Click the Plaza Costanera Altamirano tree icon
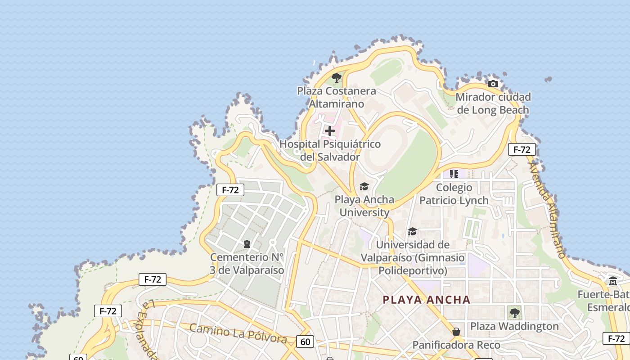click(336, 78)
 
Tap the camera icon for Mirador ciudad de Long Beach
click(493, 84)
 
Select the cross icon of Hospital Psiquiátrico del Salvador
click(330, 131)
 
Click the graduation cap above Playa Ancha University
click(364, 186)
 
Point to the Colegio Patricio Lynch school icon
click(454, 174)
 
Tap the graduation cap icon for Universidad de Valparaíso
click(412, 231)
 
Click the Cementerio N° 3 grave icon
click(247, 244)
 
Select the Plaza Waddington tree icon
click(514, 312)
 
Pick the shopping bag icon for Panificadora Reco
click(456, 332)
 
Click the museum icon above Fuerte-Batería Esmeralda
click(613, 281)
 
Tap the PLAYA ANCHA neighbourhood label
click(427, 300)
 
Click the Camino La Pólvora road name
click(238, 333)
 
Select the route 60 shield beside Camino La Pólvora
click(305, 342)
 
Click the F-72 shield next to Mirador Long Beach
click(522, 149)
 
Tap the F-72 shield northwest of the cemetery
click(230, 190)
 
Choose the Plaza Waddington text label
click(514, 326)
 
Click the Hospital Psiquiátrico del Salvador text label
click(330, 150)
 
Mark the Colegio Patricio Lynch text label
click(454, 194)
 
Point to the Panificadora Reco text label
click(456, 345)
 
